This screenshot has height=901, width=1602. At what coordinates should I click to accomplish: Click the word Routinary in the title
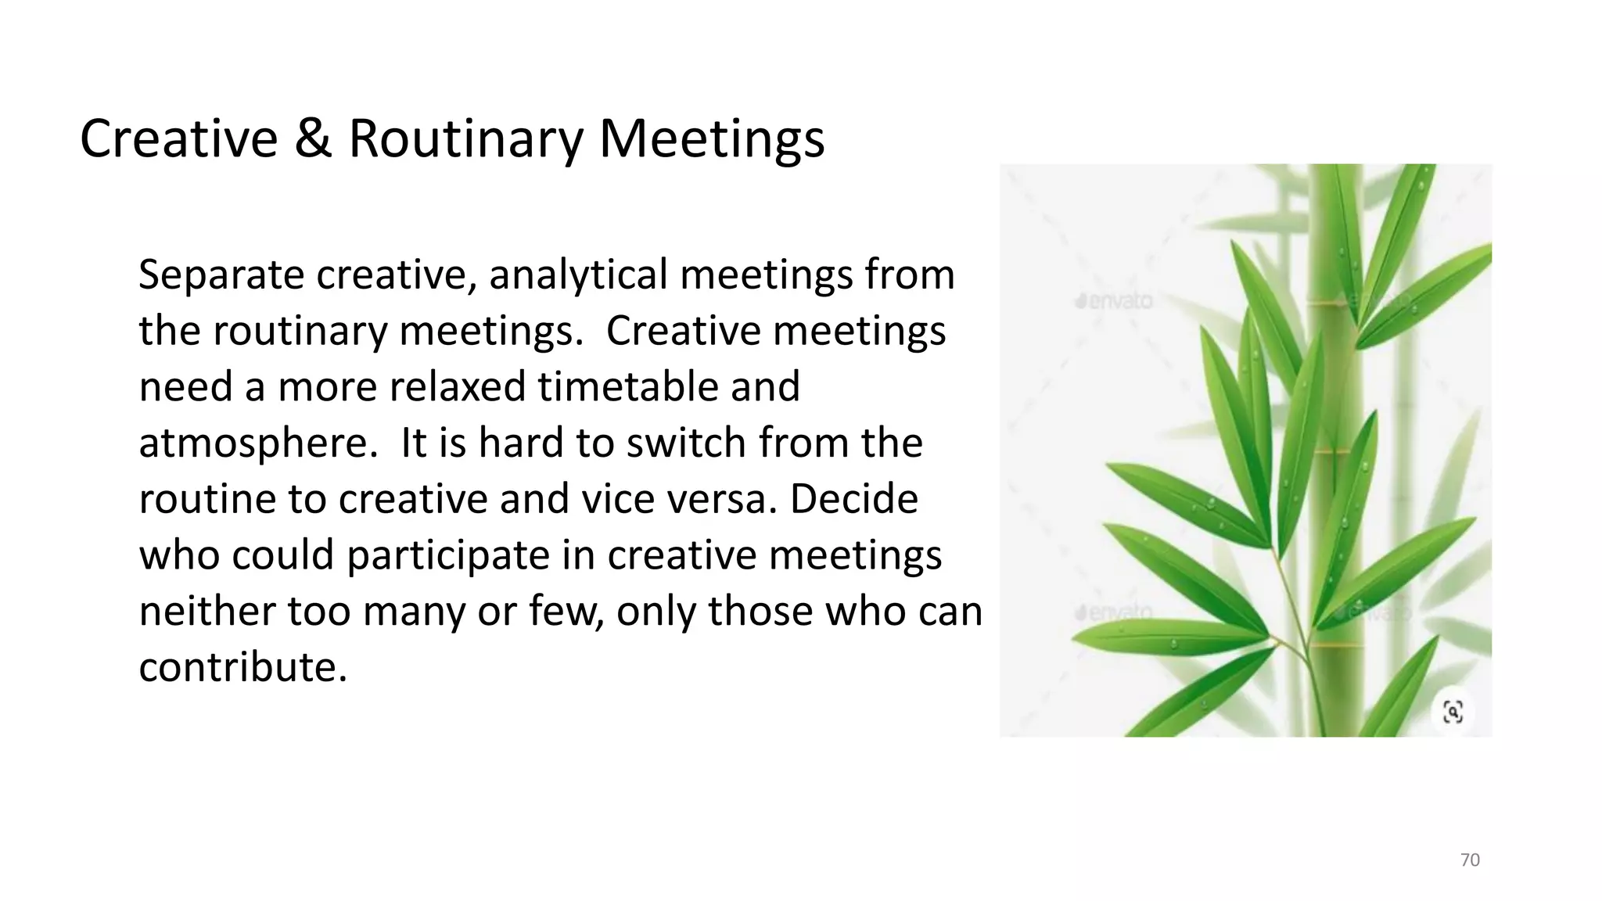click(x=465, y=139)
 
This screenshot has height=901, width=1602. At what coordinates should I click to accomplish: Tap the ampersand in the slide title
click(x=312, y=139)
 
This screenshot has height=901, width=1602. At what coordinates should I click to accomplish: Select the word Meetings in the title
click(x=711, y=139)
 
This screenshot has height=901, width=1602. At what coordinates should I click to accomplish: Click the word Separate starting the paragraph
click(x=221, y=275)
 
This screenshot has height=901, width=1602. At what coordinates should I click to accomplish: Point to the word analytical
click(x=578, y=275)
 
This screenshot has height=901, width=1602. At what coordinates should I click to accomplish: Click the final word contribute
click(x=242, y=668)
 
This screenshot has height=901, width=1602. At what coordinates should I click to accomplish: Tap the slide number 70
click(x=1470, y=860)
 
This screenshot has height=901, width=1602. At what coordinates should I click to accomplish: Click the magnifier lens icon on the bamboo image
click(x=1453, y=712)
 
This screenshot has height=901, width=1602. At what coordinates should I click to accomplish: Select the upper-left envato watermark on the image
click(x=1114, y=300)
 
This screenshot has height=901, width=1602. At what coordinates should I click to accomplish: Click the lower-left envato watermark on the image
click(x=1114, y=612)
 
